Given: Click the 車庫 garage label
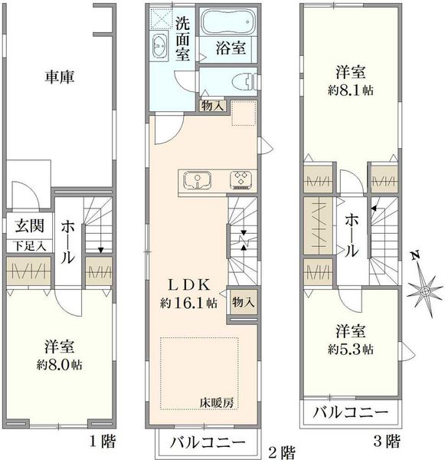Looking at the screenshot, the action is tap(60, 77).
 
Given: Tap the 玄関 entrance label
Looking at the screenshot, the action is tap(30, 226).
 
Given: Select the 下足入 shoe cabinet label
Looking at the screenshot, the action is tap(31, 246).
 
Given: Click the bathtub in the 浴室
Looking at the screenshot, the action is tap(227, 22).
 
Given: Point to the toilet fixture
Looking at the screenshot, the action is tap(245, 82).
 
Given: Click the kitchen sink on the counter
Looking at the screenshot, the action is tap(198, 179).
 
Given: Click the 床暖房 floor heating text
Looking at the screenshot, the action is tap(217, 402).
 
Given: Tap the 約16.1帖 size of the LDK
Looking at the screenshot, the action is tap(189, 304).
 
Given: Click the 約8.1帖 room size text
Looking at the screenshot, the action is tap(351, 90).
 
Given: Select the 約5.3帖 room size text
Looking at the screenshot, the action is tap(351, 349).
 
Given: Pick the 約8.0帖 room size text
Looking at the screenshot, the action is tap(60, 365).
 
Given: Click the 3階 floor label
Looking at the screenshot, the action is tap(388, 441).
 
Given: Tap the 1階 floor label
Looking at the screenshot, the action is tap(103, 441).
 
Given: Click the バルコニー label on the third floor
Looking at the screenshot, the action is tap(351, 412).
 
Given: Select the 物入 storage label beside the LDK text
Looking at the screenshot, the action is tap(244, 302).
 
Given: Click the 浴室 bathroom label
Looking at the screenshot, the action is tap(231, 48).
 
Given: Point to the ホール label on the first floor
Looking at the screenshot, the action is tap(67, 242).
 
